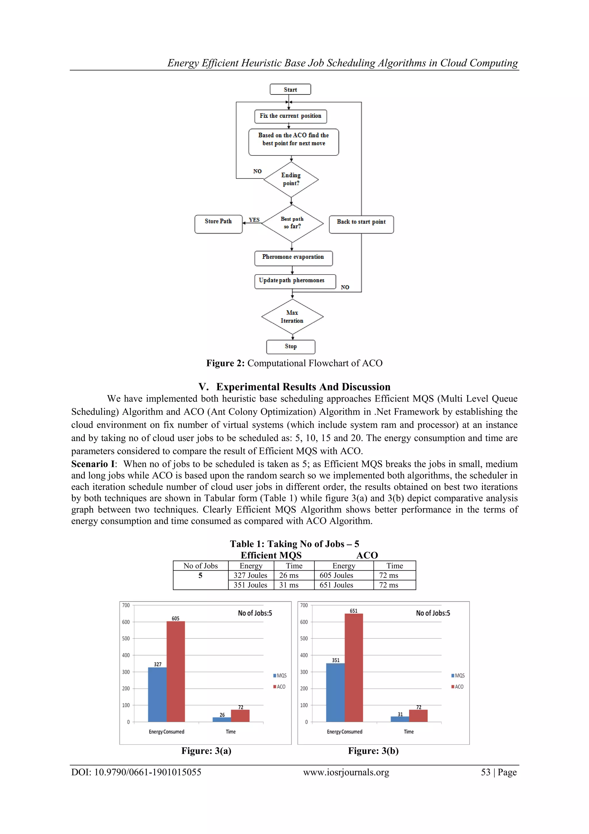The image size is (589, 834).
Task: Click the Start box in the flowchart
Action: click(x=290, y=89)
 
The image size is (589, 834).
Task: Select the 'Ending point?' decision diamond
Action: click(x=291, y=179)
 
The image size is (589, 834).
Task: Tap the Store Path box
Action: click(x=218, y=224)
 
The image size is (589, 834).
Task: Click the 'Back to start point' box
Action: click(x=361, y=224)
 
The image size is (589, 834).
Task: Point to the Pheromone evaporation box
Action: click(x=293, y=258)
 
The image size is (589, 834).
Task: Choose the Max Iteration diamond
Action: click(x=292, y=316)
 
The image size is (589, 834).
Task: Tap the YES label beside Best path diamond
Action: click(x=254, y=220)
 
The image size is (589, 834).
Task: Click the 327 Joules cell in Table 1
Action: click(x=250, y=575)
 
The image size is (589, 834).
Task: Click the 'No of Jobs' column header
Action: click(x=200, y=566)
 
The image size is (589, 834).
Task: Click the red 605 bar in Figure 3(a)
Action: click(x=176, y=672)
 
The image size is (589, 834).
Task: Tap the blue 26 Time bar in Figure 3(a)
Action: click(x=222, y=720)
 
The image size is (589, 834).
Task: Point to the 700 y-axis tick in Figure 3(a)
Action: click(x=126, y=605)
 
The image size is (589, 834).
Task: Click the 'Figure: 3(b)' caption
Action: click(x=373, y=751)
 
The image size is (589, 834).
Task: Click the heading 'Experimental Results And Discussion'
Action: click(x=303, y=387)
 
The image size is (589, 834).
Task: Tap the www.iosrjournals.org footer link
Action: click(x=346, y=772)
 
